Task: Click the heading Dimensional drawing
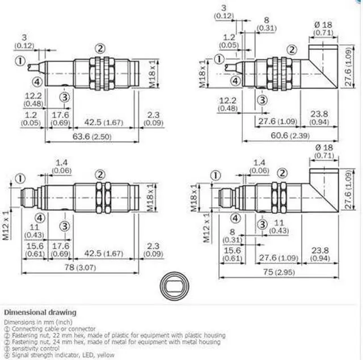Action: pyautogui.click(x=40, y=312)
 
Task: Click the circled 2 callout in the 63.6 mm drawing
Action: pyautogui.click(x=100, y=48)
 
